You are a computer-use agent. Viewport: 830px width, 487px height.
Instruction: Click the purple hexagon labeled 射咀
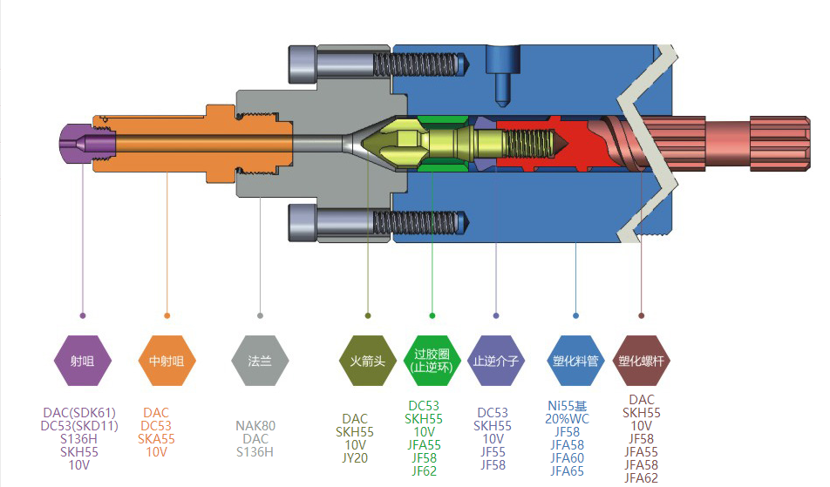(83, 360)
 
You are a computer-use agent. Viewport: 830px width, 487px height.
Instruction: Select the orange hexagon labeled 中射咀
(167, 360)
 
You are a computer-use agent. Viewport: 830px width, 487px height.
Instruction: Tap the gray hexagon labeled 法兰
(260, 360)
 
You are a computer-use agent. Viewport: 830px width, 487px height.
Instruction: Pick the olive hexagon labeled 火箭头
(367, 360)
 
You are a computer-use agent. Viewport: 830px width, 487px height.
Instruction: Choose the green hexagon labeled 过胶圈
(432, 360)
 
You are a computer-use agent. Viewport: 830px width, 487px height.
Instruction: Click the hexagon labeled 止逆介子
(496, 360)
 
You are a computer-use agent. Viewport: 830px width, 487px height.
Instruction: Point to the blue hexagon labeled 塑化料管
(575, 360)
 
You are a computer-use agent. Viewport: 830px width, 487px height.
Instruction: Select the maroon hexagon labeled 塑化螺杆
(642, 360)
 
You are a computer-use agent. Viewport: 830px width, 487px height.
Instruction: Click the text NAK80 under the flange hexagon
(255, 426)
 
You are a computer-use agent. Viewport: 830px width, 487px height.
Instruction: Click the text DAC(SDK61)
(79, 412)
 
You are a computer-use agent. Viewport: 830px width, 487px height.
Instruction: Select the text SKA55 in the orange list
(156, 439)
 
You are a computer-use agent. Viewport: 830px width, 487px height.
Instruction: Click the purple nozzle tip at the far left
(75, 142)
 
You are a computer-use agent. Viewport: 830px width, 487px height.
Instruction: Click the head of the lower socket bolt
(304, 222)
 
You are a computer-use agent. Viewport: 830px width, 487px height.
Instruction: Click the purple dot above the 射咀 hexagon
(83, 315)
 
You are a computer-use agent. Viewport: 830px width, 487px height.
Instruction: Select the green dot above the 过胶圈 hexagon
(432, 315)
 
